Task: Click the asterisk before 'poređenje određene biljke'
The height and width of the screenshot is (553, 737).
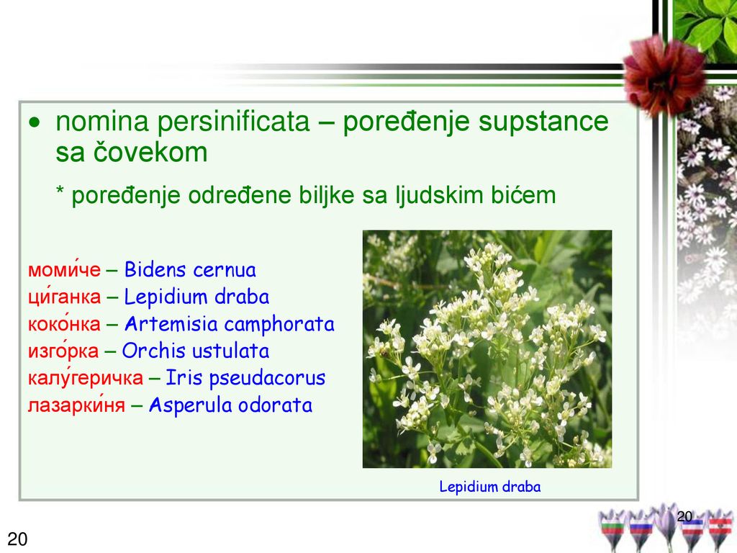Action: [60, 190]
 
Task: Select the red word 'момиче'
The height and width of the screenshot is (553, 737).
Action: [64, 269]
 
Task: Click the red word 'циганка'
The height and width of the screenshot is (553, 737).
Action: [64, 297]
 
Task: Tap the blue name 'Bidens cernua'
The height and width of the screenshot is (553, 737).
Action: [190, 270]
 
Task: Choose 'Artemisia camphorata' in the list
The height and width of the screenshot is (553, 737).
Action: [230, 324]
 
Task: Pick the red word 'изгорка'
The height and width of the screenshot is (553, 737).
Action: [63, 351]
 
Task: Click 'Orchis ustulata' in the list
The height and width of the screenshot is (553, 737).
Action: [196, 351]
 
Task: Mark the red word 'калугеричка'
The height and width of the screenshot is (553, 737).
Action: [86, 377]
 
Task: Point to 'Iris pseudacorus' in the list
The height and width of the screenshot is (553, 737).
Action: [245, 378]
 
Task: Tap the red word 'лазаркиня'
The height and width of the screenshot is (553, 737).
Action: [76, 405]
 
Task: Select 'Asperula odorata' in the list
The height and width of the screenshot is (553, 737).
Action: [230, 405]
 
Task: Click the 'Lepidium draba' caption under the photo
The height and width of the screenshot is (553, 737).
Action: [489, 487]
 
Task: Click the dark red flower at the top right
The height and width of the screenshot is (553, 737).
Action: [664, 75]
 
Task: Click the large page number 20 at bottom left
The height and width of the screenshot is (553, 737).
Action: [17, 539]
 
